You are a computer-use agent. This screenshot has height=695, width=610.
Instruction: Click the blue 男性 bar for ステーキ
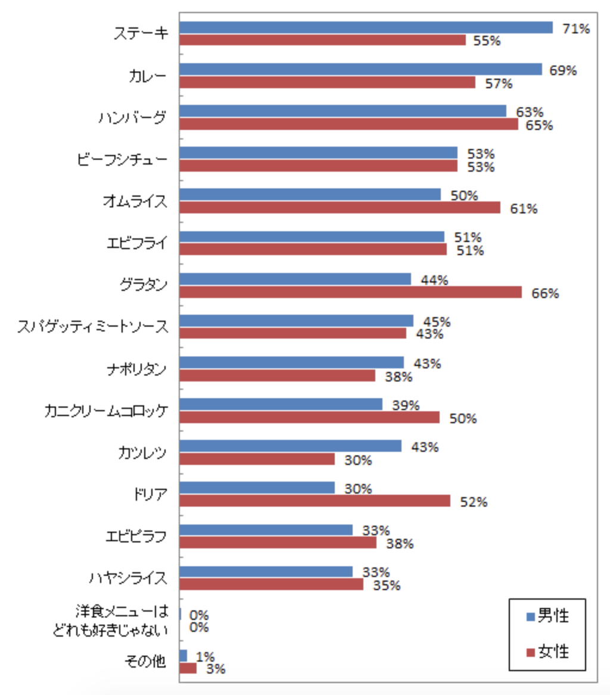point(366,27)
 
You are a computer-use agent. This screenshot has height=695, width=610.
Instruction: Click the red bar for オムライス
point(340,207)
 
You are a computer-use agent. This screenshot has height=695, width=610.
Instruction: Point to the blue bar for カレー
point(360,69)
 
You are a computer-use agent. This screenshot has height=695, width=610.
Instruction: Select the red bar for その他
point(188,668)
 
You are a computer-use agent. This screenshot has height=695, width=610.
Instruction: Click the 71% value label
point(576,28)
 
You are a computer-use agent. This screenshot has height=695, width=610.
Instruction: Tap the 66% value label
point(545,293)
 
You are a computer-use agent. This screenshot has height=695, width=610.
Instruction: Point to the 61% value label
point(524,209)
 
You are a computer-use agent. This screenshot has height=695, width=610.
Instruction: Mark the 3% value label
point(215,669)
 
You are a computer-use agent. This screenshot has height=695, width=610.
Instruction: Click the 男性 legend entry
point(547,616)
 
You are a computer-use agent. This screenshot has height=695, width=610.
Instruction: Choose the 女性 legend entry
point(547,651)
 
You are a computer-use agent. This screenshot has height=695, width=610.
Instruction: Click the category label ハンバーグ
point(132,118)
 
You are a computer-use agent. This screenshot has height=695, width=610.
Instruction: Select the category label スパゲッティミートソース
point(92,327)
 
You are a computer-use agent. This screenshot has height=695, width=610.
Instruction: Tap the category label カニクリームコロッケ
point(105,411)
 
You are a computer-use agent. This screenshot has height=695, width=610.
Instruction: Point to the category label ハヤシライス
point(127,578)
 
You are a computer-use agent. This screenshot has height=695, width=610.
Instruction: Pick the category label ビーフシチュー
point(122,160)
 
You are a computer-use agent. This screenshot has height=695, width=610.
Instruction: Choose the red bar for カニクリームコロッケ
point(309,417)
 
